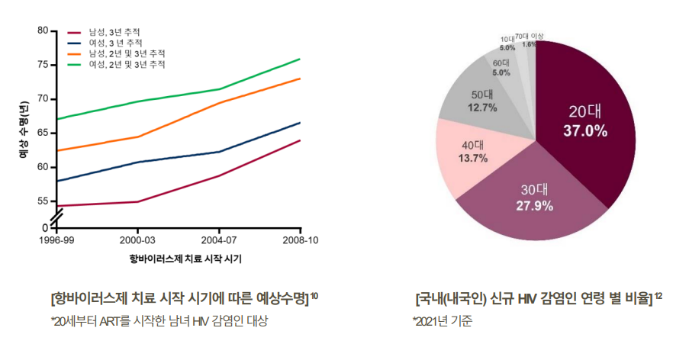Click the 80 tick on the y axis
43,31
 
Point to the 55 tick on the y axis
43,201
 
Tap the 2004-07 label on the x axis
220,240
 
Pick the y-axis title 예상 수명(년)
24,129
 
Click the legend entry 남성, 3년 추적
114,33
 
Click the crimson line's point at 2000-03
137,201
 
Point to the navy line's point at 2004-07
220,152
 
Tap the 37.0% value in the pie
585,131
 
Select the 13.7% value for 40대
473,158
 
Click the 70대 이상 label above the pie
530,37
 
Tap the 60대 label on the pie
501,63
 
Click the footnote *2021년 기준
443,321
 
